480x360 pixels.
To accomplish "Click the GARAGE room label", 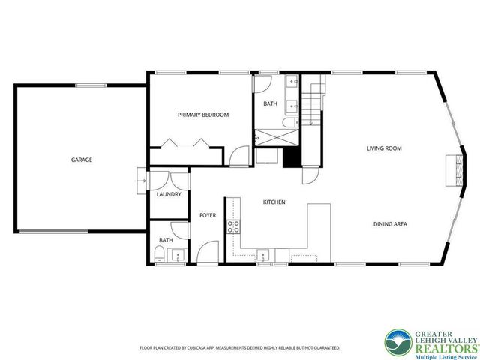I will (x=82, y=160).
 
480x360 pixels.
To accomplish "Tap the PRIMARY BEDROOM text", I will (x=202, y=115).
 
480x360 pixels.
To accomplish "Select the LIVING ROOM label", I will (x=384, y=148).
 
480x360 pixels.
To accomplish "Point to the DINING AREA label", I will (x=390, y=223).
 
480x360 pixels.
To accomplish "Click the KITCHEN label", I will (x=274, y=202).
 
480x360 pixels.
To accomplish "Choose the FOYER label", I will (x=208, y=215).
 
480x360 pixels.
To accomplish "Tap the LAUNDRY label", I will (x=169, y=194).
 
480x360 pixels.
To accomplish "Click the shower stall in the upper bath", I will (x=266, y=139).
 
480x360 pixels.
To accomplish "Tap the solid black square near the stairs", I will (x=292, y=157).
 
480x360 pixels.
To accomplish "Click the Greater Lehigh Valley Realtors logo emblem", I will (x=398, y=341).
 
